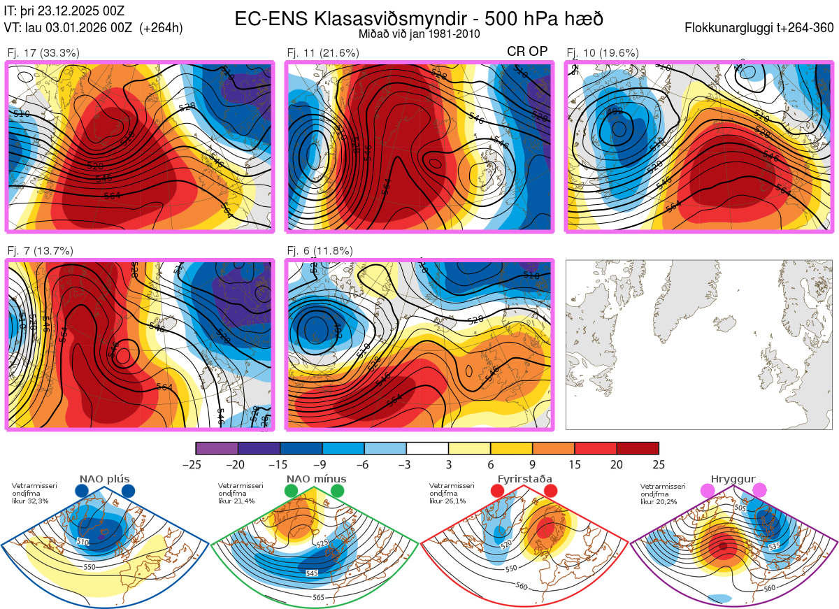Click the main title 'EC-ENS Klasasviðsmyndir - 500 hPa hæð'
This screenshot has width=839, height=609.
[419, 18]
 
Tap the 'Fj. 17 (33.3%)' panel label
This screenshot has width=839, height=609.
[43, 52]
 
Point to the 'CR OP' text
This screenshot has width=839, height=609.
[527, 52]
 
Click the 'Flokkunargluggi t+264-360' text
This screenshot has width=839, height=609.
[761, 29]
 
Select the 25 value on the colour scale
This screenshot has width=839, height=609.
[658, 464]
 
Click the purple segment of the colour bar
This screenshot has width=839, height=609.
[217, 448]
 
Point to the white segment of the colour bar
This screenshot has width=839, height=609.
[427, 448]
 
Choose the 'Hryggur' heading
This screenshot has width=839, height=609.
[733, 479]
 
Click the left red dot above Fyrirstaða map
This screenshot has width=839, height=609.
[498, 491]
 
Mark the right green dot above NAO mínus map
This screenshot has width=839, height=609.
[338, 491]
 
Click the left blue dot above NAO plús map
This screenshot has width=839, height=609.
[82, 491]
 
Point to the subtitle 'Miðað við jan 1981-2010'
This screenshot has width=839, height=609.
[419, 34]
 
